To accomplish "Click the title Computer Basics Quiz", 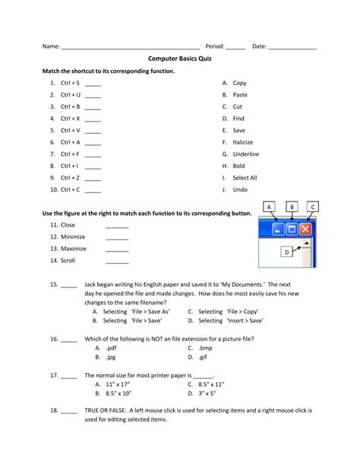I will [x=179, y=58].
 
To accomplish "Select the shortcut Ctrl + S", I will [x=70, y=83].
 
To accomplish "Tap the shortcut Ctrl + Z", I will [x=70, y=178].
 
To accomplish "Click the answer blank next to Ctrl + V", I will [x=93, y=131].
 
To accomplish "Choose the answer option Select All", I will [x=245, y=178].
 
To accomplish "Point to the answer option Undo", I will [x=240, y=189].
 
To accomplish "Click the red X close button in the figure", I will [x=306, y=228].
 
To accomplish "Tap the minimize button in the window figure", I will [x=278, y=228].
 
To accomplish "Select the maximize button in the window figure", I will [x=292, y=228].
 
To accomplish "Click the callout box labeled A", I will [x=270, y=207].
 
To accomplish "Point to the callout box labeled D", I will [x=286, y=252].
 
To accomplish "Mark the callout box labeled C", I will [x=314, y=207].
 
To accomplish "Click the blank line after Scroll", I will [x=117, y=260].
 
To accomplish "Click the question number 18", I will [x=55, y=410].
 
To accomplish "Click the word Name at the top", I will [x=50, y=46].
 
